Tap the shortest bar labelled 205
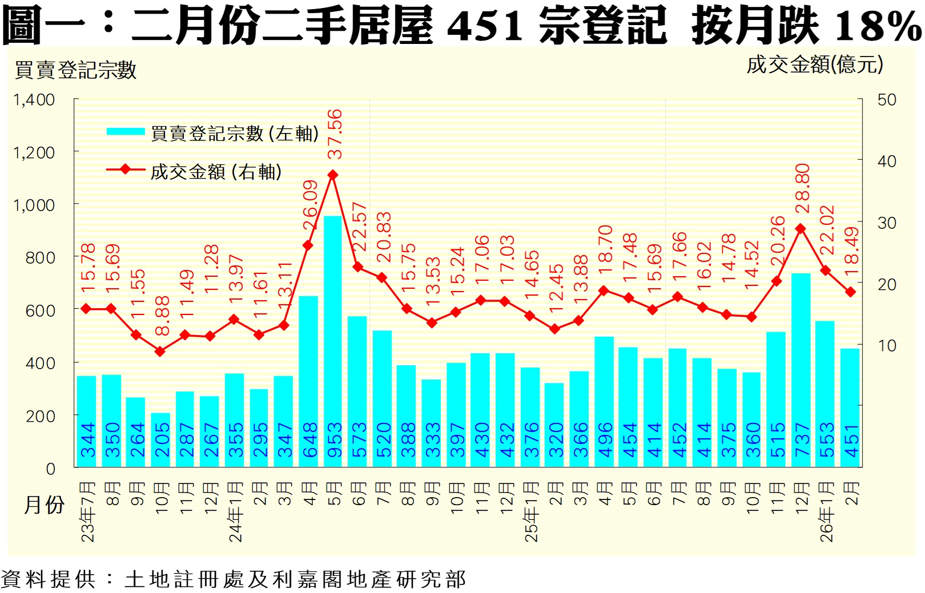[160, 439]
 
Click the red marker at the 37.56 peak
[333, 175]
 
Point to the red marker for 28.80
[801, 229]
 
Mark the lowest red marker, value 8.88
[160, 352]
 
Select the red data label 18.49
[851, 251]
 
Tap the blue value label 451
[851, 440]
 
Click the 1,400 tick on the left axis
[34, 100]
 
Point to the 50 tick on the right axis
[887, 100]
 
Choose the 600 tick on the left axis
[41, 310]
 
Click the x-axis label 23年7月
[87, 511]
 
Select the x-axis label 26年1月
[826, 511]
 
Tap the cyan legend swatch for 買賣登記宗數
[126, 132]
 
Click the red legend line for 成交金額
[126, 170]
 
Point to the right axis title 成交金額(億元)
[815, 64]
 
